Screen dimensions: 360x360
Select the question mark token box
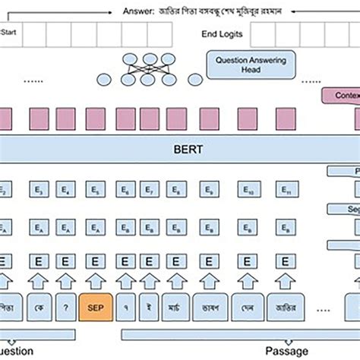(67, 308)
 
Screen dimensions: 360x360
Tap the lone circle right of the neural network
(195, 77)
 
